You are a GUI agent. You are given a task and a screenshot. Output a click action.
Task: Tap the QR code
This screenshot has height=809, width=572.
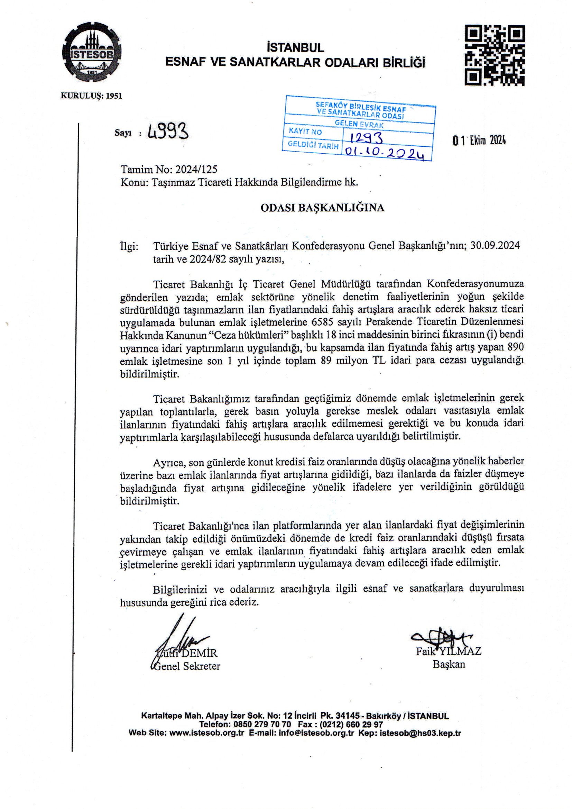495,55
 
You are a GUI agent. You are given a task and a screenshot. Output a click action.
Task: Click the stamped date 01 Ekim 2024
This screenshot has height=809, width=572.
479,140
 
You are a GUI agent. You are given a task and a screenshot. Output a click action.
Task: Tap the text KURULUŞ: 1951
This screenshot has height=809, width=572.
92,96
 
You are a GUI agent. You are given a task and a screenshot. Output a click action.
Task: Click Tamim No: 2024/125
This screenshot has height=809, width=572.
169,170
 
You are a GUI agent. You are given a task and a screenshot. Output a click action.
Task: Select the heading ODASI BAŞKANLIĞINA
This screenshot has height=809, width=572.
322,208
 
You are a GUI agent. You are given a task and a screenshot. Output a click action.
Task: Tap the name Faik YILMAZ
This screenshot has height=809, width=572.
449,651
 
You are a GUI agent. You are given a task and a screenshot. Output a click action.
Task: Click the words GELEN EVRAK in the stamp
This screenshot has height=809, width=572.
359,124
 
